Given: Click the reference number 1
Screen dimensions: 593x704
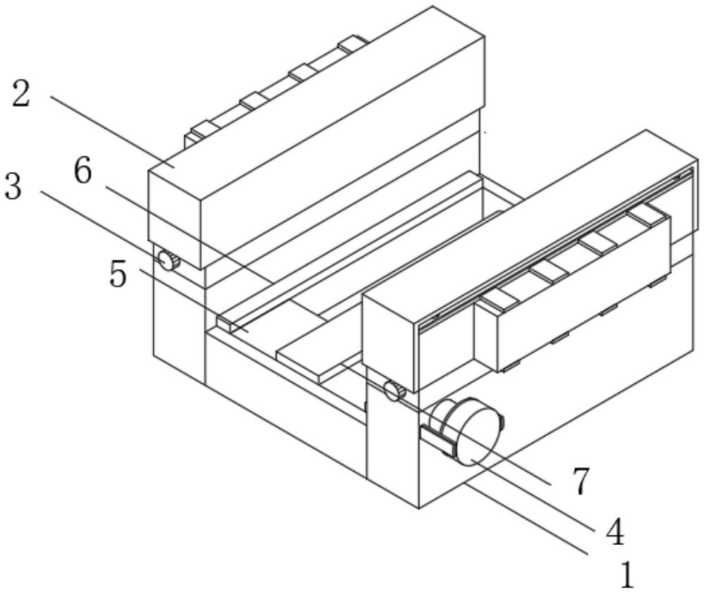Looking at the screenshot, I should pyautogui.click(x=625, y=575).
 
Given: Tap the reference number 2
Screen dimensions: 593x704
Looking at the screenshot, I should pyautogui.click(x=21, y=94).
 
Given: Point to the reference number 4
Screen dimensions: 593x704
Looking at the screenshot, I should pyautogui.click(x=614, y=532).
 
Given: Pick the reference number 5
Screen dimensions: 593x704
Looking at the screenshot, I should pyautogui.click(x=118, y=274).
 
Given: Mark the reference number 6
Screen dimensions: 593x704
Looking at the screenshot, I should pyautogui.click(x=83, y=171).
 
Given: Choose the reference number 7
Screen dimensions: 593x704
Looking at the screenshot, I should pyautogui.click(x=580, y=482).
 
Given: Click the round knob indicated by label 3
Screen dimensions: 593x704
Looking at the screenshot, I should pyautogui.click(x=168, y=261).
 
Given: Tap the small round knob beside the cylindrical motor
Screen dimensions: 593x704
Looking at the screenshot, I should pyautogui.click(x=393, y=389).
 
